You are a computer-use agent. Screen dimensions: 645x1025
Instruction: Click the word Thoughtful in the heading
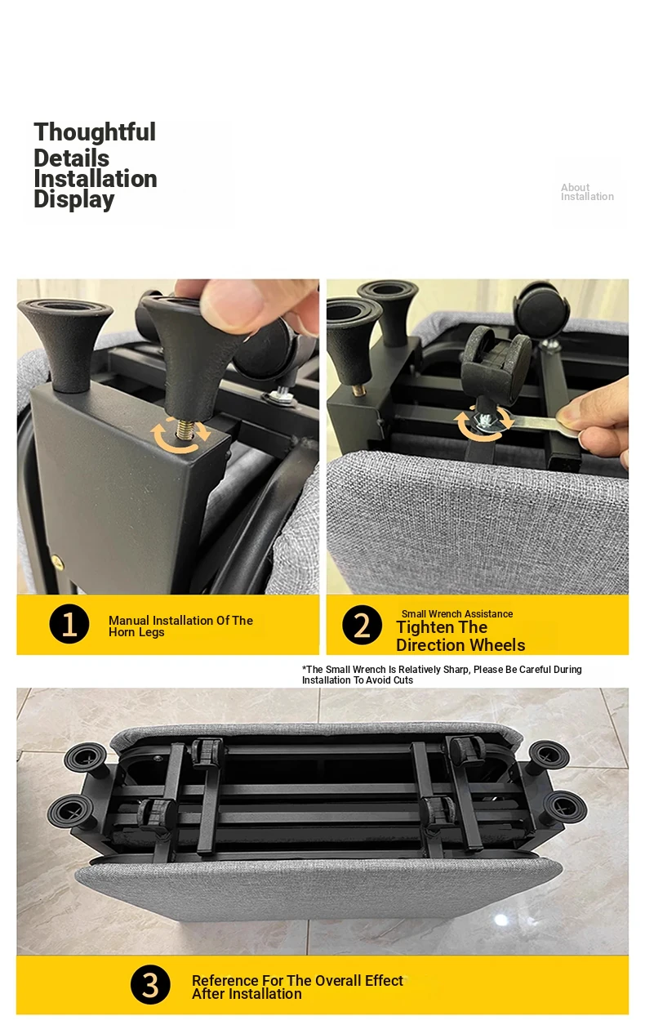coord(95,131)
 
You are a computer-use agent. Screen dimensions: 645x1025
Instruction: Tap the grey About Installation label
coord(587,192)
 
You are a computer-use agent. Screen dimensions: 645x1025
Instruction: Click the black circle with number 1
coord(69,624)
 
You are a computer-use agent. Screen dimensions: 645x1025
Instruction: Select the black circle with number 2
coord(362,625)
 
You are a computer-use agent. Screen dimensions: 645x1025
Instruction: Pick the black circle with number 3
coord(150,984)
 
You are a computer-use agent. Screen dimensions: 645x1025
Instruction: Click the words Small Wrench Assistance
coord(457,613)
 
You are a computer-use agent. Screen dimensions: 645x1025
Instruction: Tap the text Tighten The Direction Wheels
coord(460,636)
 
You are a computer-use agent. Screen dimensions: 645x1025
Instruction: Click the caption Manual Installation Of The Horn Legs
coord(180,626)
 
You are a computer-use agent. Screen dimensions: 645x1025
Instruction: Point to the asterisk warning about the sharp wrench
coord(442,675)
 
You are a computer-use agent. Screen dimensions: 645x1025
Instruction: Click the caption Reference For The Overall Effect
coord(297,980)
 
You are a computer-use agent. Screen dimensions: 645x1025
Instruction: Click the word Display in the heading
coord(74,199)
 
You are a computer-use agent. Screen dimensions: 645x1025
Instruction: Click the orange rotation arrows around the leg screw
coord(180,435)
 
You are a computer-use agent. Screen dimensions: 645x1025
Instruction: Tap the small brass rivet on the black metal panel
coord(56,561)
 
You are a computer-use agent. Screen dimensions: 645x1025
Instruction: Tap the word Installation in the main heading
coord(96,179)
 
